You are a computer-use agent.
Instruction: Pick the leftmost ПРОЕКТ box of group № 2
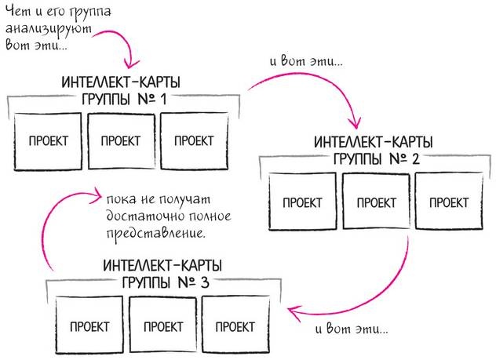point(302,202)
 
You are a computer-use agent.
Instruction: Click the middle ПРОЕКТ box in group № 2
point(376,202)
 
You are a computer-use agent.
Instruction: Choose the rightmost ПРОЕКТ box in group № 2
point(449,202)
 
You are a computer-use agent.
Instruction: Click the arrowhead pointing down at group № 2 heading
point(354,122)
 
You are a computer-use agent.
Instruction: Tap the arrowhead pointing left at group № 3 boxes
point(292,313)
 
